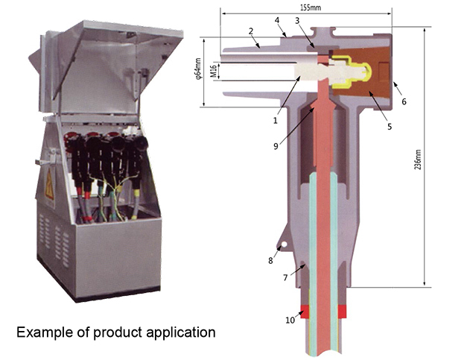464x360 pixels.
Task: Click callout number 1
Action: (x=275, y=119)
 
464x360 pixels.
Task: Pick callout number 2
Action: (x=252, y=31)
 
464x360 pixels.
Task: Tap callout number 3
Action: (x=297, y=21)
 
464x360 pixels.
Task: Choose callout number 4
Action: (x=276, y=21)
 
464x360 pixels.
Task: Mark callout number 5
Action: (x=389, y=127)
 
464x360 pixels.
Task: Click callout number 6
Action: (x=403, y=101)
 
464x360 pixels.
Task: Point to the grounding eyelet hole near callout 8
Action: (x=281, y=247)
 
